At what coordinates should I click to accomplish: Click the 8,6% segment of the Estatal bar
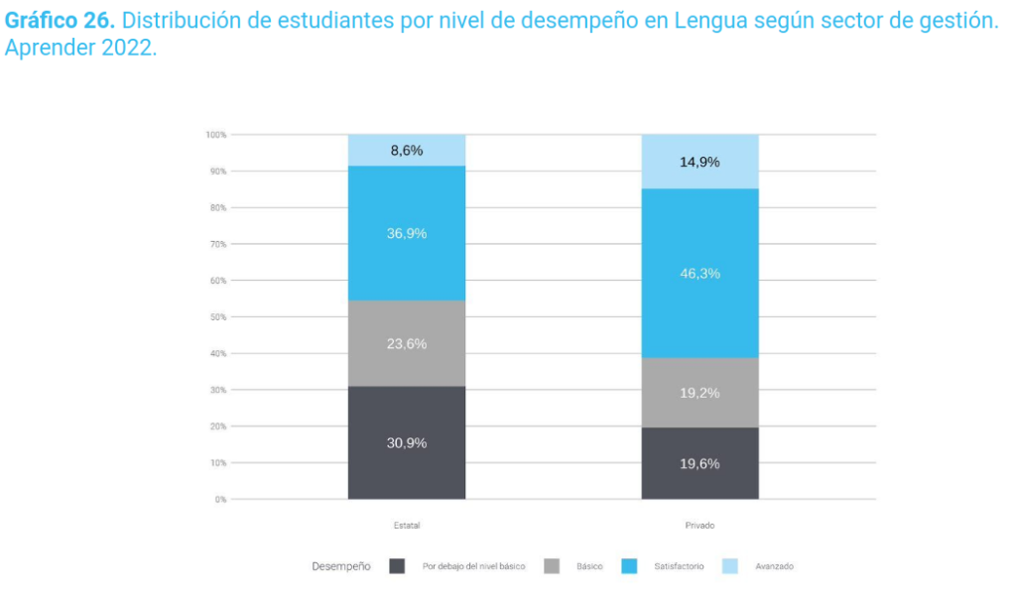[x=406, y=151]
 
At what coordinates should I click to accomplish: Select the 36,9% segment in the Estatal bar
[x=406, y=233]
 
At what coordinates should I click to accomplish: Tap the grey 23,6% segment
[x=406, y=343]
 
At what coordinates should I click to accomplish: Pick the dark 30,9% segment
[x=406, y=442]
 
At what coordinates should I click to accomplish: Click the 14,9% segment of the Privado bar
[x=699, y=162]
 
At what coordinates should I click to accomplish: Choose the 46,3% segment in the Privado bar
[x=699, y=273]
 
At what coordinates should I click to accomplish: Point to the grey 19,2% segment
[x=699, y=393]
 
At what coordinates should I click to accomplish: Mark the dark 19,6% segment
[x=699, y=463]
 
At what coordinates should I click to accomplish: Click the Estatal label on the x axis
[x=406, y=525]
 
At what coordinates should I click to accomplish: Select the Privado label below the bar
[x=699, y=525]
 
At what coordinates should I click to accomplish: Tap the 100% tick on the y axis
[x=216, y=135]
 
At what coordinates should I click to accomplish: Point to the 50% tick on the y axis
[x=218, y=317]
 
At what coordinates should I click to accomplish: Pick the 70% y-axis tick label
[x=218, y=244]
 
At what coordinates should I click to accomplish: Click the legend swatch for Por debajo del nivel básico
[x=397, y=566]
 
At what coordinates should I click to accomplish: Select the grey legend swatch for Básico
[x=552, y=566]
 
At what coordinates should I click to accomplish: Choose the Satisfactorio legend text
[x=679, y=566]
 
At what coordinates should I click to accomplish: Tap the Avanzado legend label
[x=774, y=566]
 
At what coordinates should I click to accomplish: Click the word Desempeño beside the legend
[x=341, y=566]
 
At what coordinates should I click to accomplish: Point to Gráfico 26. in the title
[x=60, y=21]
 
